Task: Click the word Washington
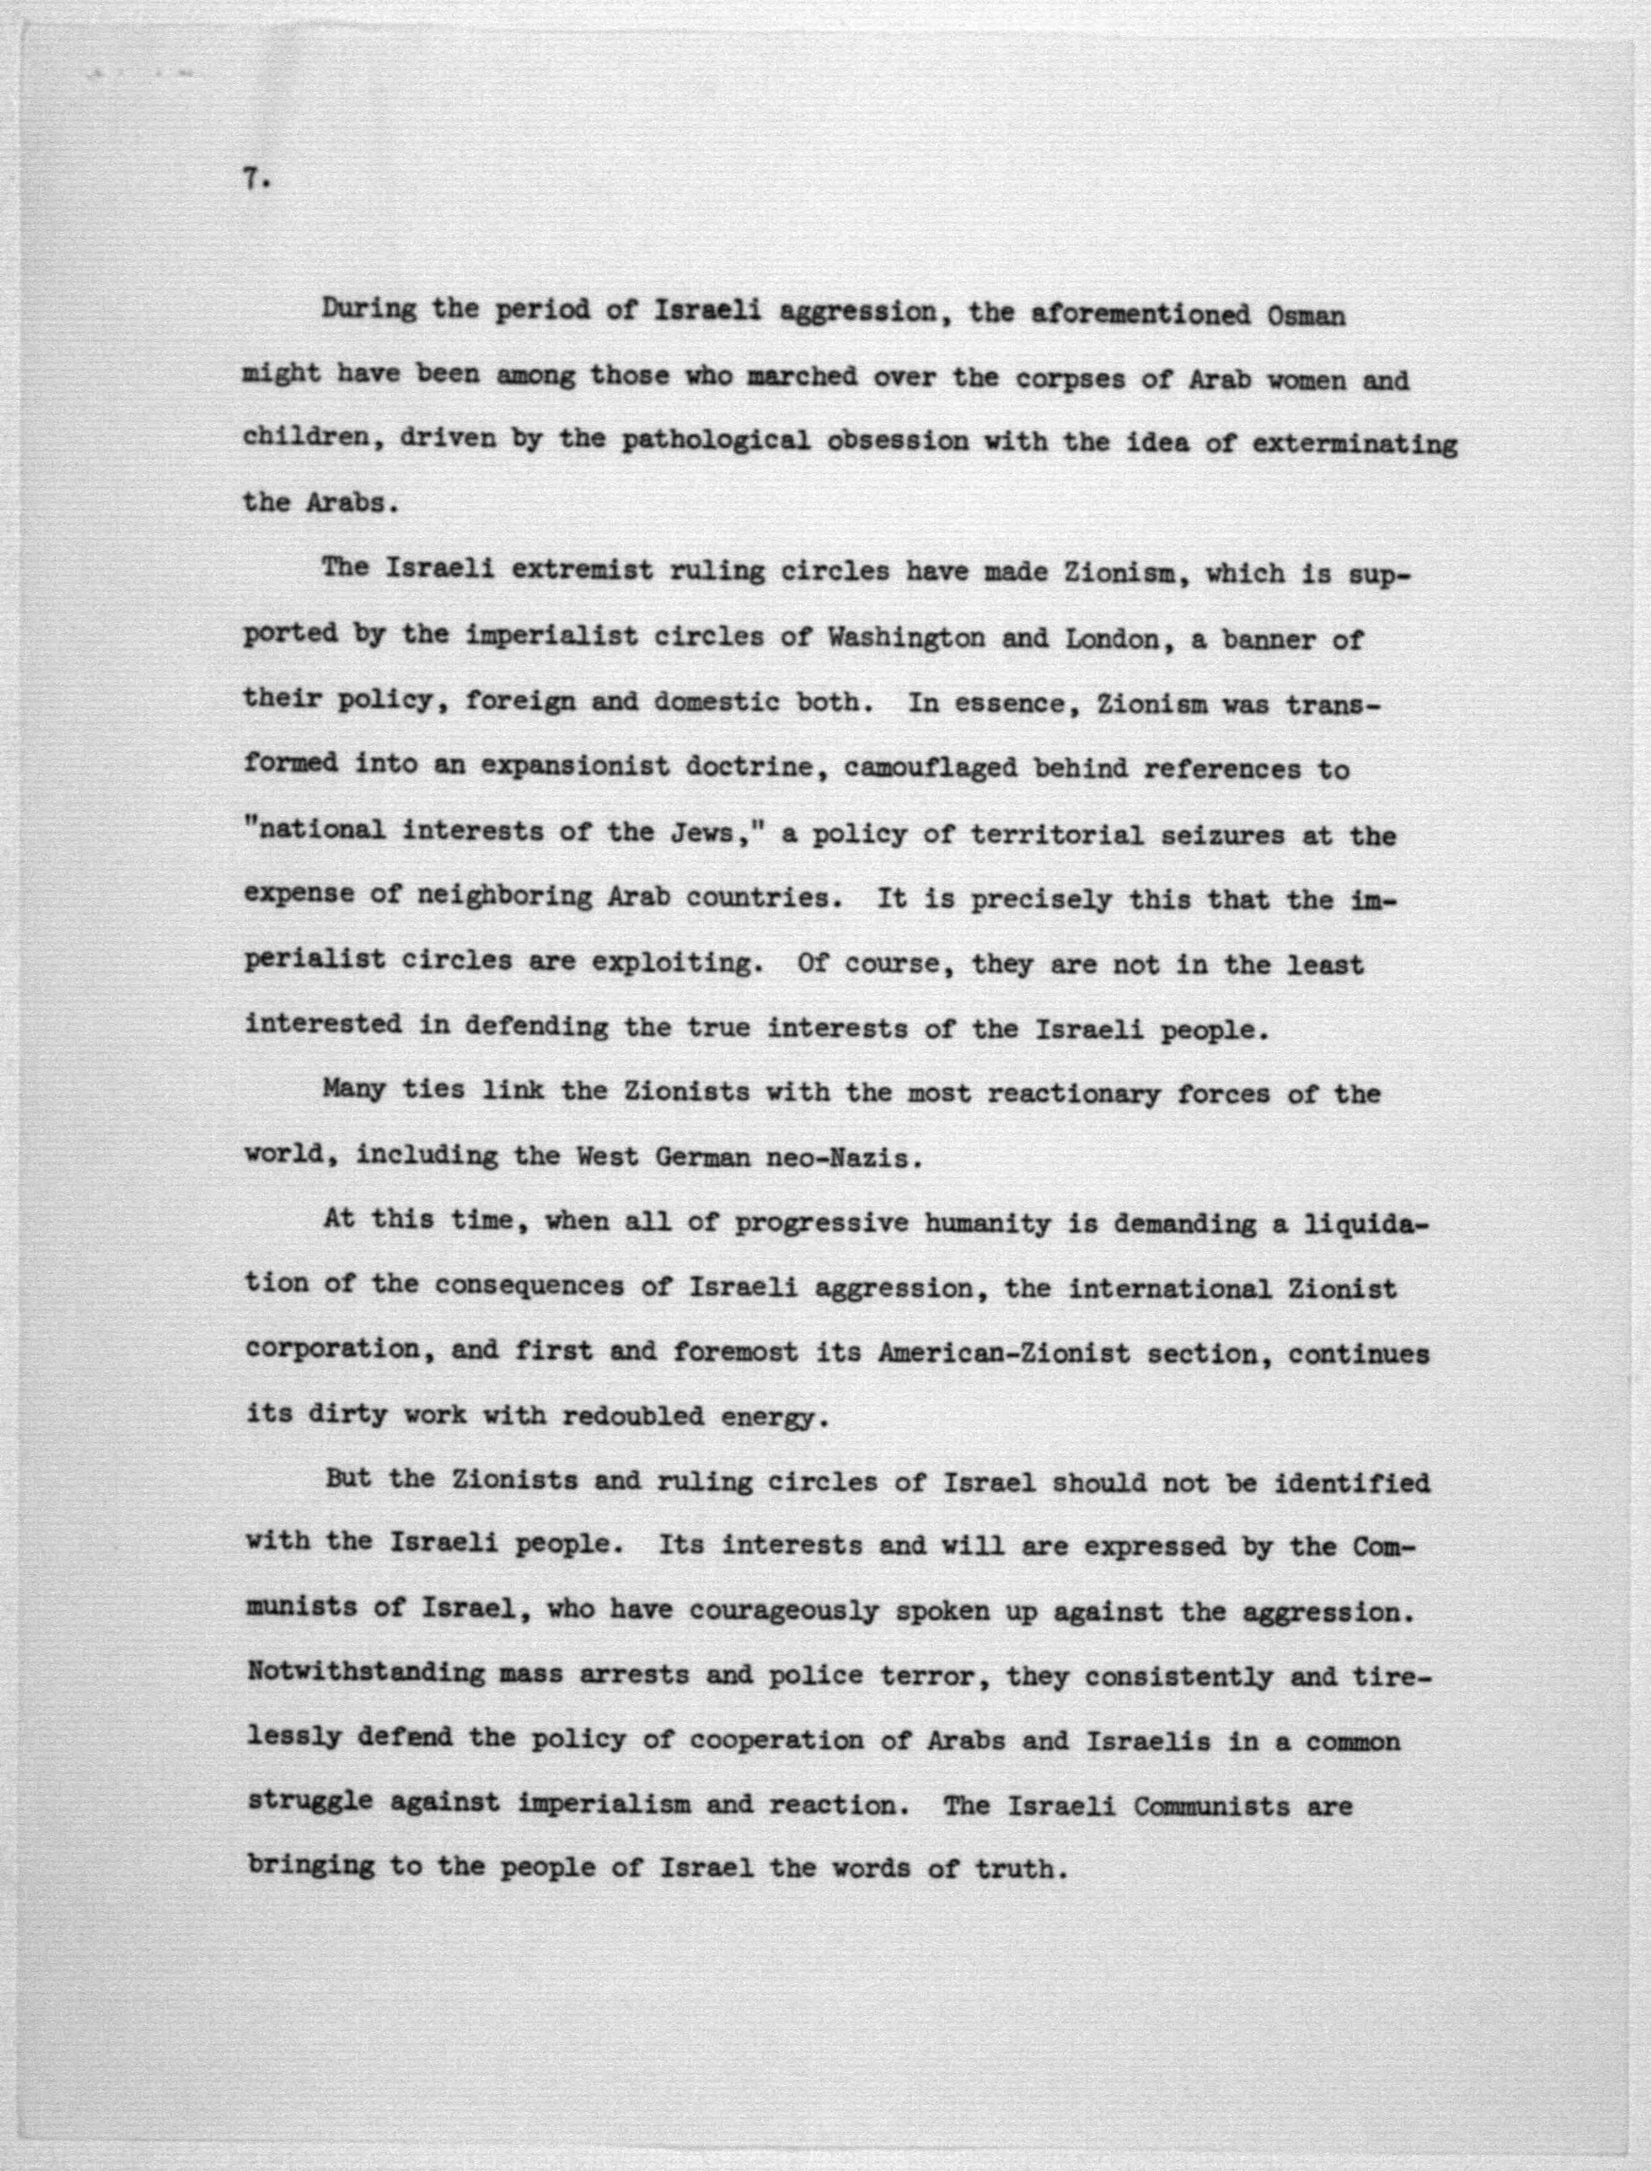[x=905, y=638]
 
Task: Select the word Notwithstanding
[x=366, y=1673]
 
